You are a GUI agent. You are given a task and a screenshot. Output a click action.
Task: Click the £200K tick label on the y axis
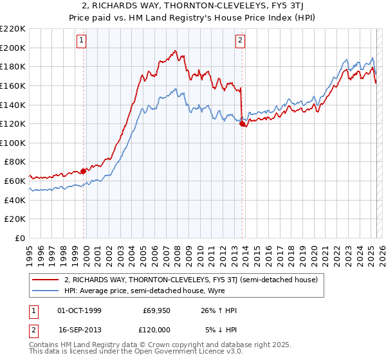click(x=13, y=48)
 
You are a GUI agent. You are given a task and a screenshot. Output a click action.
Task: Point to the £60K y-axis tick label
click(x=15, y=181)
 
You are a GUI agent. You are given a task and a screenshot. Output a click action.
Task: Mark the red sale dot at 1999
click(x=84, y=171)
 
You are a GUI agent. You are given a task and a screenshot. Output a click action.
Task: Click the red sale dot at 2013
click(x=242, y=124)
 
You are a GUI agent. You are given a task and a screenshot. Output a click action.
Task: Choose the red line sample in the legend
click(x=46, y=280)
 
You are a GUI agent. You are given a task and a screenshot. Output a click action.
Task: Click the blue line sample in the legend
click(x=46, y=291)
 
